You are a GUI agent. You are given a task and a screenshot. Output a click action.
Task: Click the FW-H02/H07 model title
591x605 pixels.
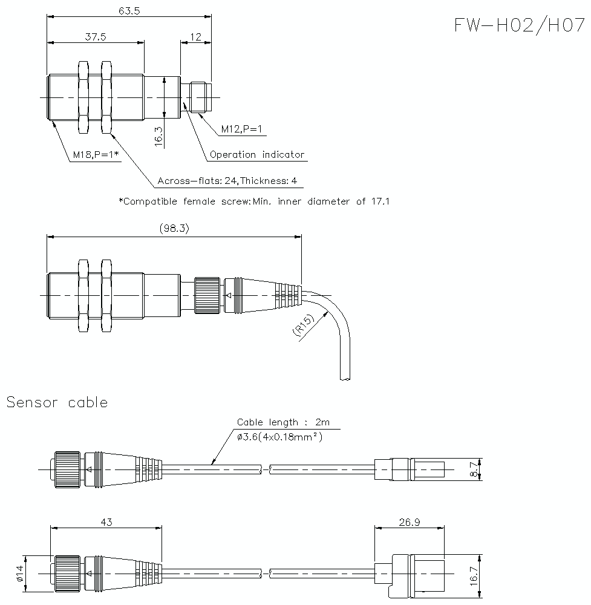520,25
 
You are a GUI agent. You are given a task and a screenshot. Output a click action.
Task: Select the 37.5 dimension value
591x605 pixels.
96,36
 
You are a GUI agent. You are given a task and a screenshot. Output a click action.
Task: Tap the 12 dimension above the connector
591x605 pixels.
195,36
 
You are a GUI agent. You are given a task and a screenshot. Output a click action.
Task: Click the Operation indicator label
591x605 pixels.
257,154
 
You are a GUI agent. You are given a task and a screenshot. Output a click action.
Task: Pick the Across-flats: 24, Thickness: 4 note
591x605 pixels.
227,180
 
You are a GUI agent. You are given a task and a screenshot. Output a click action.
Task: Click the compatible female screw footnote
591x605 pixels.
254,201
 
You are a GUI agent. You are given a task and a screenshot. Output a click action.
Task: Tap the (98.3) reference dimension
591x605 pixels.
174,228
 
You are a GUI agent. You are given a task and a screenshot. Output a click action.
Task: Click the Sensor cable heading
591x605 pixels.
57,402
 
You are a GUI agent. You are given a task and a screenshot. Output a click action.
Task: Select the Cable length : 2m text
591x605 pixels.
283,422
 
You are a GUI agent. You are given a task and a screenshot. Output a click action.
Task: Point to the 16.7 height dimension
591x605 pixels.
474,572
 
